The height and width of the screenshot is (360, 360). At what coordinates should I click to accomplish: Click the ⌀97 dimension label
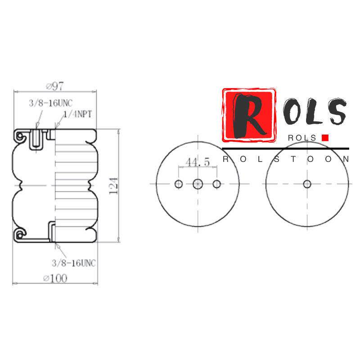click(55, 86)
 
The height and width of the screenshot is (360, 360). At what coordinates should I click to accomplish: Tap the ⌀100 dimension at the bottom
click(55, 279)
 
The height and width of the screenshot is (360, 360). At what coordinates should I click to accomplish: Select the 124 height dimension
click(113, 186)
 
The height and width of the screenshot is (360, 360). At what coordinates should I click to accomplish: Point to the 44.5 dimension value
click(198, 162)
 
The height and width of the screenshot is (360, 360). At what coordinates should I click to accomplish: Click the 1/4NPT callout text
click(77, 114)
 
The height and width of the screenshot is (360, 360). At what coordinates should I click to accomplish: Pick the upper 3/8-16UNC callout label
click(51, 103)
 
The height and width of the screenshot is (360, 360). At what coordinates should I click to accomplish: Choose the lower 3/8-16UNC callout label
click(74, 263)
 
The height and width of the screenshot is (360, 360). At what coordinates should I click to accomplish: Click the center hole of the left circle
click(198, 184)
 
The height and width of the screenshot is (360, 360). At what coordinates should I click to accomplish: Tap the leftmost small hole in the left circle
click(179, 184)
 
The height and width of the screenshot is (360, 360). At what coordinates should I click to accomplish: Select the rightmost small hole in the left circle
click(217, 184)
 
